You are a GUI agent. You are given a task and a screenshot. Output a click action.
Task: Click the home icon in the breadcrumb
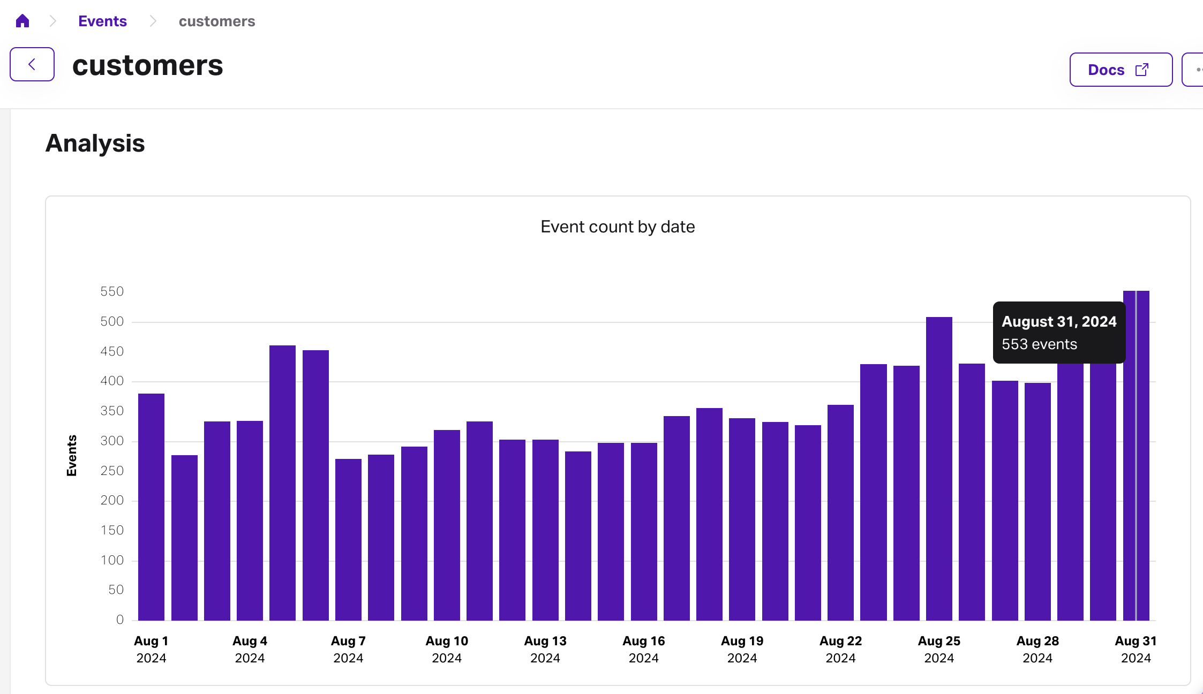pos(22,21)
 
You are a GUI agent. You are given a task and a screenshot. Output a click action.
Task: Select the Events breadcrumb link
pos(102,21)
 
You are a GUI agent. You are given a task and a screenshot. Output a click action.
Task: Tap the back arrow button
pos(32,64)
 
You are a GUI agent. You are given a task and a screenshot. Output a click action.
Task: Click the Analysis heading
pos(95,144)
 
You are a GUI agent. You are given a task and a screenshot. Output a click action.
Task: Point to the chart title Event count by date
pos(618,227)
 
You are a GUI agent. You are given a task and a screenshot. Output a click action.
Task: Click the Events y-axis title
pos(72,455)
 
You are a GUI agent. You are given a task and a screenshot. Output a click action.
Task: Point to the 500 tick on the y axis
pos(112,321)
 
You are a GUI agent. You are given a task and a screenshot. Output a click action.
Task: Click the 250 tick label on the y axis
pos(112,471)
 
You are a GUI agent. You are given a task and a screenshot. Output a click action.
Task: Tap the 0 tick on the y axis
pos(120,620)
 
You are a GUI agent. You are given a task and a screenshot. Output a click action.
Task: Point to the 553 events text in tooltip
pos(1039,344)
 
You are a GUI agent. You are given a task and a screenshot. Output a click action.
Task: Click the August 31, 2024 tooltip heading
pos(1059,321)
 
